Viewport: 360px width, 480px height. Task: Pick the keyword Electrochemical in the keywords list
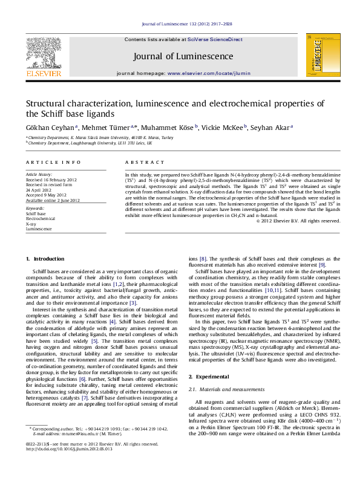point(40,219)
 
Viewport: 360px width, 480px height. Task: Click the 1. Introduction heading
point(45,259)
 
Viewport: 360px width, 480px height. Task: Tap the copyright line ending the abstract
point(298,221)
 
